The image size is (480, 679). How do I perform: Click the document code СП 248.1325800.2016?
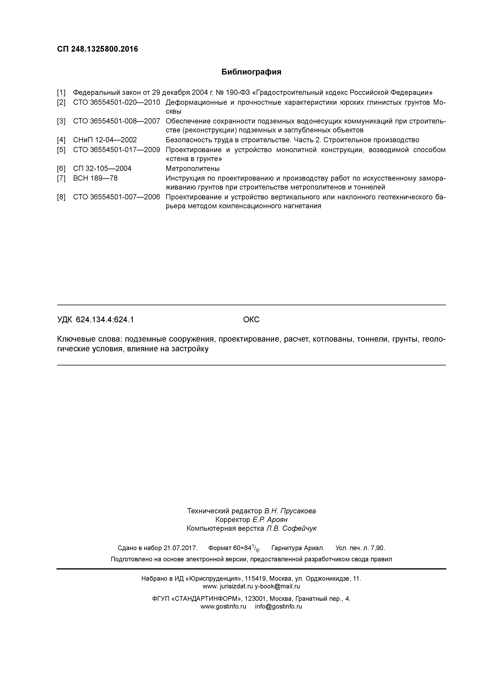tap(97, 49)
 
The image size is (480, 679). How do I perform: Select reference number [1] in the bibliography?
tap(61, 93)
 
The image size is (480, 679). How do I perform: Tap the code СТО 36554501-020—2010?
tap(117, 103)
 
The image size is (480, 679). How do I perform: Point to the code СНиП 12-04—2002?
tap(105, 140)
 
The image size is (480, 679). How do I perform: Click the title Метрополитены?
tap(193, 169)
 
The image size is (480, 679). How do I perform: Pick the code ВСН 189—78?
tap(95, 178)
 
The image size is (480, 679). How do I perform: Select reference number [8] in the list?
tap(61, 197)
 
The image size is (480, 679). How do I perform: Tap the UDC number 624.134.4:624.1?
tap(105, 320)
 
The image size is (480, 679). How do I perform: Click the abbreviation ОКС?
tap(251, 320)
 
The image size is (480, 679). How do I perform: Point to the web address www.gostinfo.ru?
tap(223, 607)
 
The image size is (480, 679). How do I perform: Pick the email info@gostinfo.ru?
tap(279, 607)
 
